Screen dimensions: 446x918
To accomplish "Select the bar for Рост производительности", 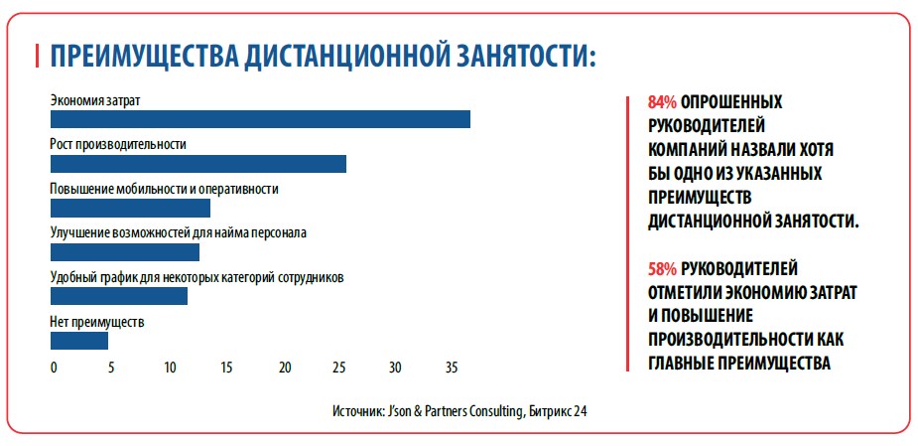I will tap(197, 164).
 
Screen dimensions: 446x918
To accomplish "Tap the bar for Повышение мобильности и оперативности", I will tap(130, 209).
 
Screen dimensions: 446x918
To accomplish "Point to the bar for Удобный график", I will tap(118, 296).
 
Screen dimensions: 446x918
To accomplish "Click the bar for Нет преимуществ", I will tap(78, 341).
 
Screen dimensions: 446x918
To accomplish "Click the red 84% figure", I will tap(662, 102).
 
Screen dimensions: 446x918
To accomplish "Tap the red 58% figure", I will tap(662, 269).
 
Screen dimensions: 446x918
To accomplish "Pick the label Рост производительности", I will tap(118, 144).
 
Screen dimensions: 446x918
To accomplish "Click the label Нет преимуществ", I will tap(97, 322).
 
